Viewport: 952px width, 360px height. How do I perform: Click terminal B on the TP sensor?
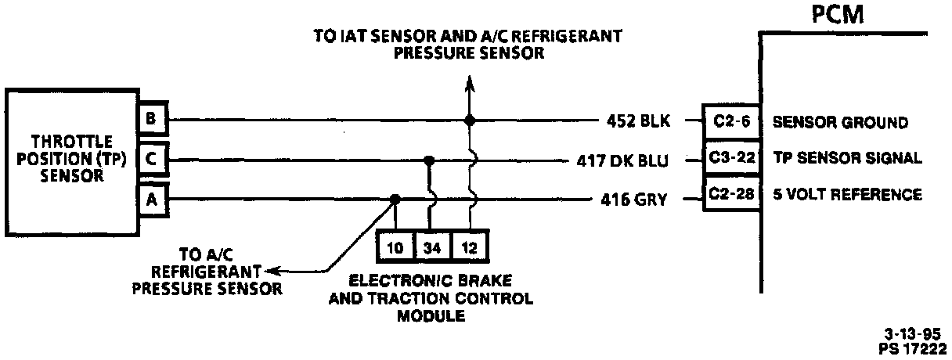point(150,120)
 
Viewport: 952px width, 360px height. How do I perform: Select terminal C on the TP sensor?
point(150,160)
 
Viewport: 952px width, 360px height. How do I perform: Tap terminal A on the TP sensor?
point(150,199)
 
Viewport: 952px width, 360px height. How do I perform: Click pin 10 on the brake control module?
point(395,249)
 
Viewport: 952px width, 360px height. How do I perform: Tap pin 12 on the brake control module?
point(470,249)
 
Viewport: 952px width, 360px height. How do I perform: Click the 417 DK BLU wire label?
point(621,161)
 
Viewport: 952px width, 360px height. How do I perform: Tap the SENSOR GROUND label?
point(840,122)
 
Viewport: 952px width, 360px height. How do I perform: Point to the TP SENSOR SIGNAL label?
point(847,158)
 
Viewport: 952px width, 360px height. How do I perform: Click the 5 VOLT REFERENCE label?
point(846,194)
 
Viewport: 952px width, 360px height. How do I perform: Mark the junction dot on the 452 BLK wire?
point(469,121)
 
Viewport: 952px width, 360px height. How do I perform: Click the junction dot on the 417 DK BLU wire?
point(428,160)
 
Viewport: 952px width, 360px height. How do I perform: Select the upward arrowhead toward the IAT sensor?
point(469,83)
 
